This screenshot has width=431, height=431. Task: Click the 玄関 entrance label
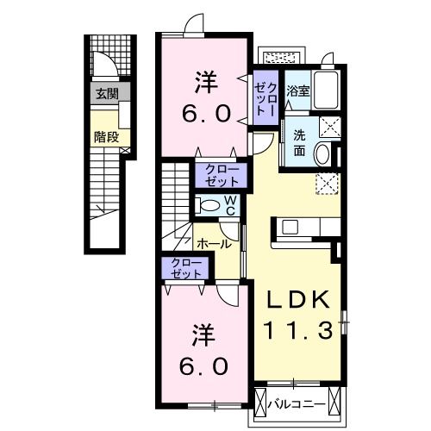tap(106, 93)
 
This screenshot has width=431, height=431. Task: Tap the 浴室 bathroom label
tap(298, 91)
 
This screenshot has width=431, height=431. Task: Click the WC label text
tap(230, 205)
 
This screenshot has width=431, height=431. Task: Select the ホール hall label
tap(213, 243)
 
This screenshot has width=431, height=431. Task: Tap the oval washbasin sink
tap(322, 154)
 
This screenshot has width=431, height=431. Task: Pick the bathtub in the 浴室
tap(327, 90)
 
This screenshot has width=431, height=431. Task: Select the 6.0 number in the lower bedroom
tap(204, 365)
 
